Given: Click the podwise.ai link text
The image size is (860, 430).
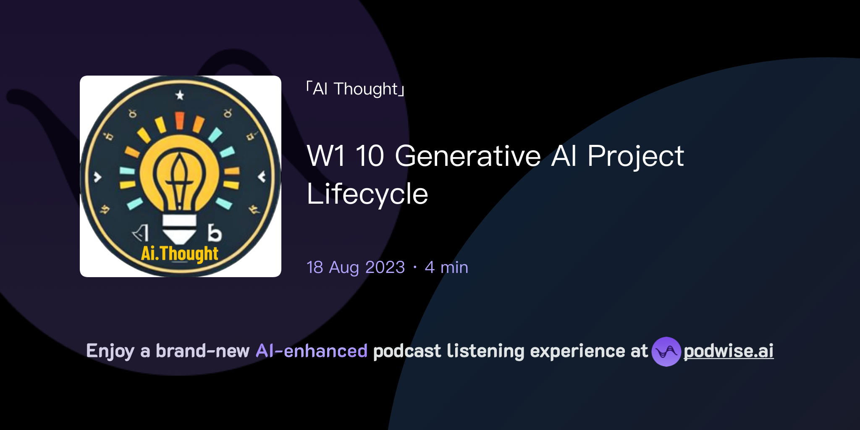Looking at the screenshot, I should coord(728,351).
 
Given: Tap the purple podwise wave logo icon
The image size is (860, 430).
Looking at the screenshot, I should coord(666,351).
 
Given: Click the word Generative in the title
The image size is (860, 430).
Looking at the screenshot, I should coord(468,156).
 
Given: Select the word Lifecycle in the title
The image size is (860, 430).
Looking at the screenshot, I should coord(367,194).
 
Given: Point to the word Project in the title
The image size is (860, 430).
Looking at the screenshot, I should coord(635,156).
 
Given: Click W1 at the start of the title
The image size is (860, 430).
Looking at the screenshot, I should coord(326,156).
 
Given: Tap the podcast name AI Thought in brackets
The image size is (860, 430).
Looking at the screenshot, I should coord(355,89).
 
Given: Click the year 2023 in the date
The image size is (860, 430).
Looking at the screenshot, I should coord(385,267).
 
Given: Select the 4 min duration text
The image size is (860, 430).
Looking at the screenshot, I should coord(446,267).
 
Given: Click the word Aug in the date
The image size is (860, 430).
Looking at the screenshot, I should coord(344,267).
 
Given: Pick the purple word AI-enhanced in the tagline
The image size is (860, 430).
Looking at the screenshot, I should coord(312,351).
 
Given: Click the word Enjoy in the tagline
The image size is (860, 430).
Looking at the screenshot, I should coord(110,351).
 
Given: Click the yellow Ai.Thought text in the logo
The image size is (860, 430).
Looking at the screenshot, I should coord(180,254).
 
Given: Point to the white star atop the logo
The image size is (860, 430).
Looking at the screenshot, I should coord(180,95).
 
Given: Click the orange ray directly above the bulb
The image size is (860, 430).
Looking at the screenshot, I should coord(180,120).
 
